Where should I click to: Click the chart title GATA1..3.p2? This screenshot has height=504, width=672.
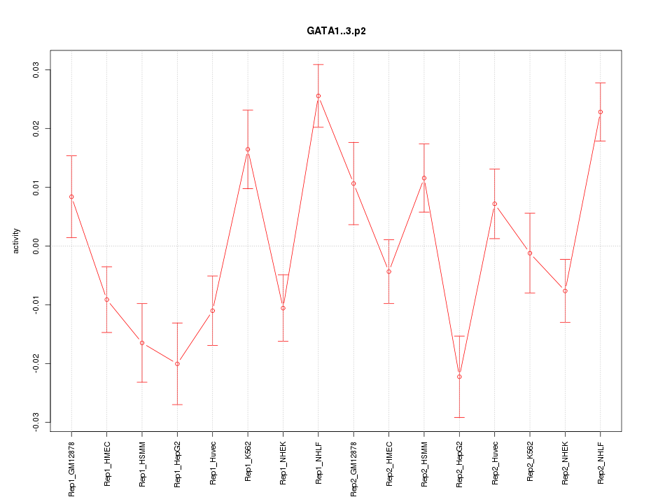click(336, 31)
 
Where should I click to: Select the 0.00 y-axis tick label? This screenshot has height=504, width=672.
click(36, 246)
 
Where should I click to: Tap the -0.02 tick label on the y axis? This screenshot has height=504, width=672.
click(36, 363)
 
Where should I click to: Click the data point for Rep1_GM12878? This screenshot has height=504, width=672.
click(71, 197)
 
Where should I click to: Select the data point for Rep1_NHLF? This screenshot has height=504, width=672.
click(318, 96)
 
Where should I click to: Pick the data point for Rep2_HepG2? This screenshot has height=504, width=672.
click(459, 377)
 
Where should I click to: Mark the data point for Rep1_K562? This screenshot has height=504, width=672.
click(248, 149)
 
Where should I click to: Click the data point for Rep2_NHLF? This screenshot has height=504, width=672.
click(600, 112)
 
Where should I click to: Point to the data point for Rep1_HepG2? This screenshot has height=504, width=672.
click(177, 364)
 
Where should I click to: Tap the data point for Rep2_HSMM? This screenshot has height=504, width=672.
click(423, 178)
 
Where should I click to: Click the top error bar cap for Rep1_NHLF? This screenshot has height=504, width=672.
click(318, 64)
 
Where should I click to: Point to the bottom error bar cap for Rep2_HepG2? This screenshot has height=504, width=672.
click(459, 417)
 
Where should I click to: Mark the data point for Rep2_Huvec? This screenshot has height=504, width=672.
click(494, 204)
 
